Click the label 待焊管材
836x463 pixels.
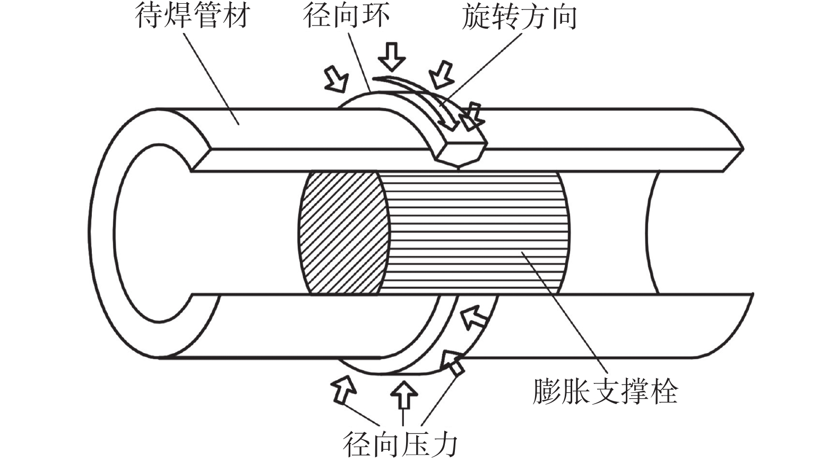[193, 15]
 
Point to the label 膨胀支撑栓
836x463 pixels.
[605, 392]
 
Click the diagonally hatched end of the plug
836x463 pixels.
[342, 233]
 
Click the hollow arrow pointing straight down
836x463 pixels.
[392, 56]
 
